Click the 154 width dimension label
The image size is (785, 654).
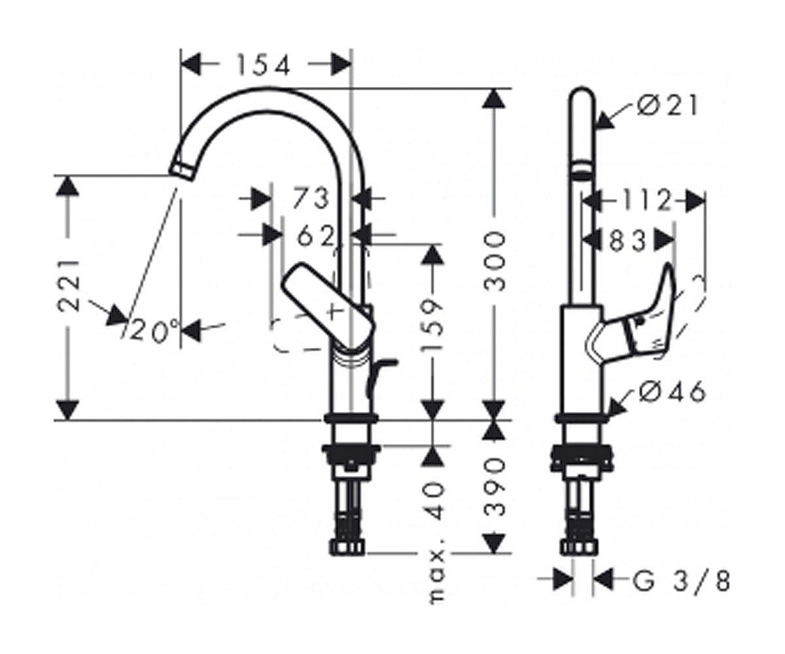264,66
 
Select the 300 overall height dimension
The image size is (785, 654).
494,262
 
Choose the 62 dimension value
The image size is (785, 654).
315,236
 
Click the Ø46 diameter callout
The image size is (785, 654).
672,392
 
